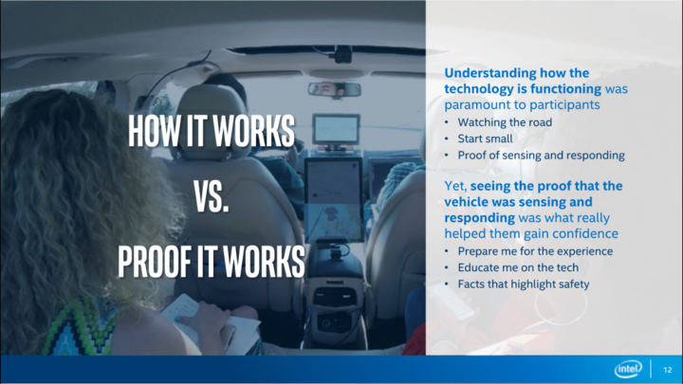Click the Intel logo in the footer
[628, 369]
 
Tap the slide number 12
[668, 370]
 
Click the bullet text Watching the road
[505, 122]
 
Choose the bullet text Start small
[485, 138]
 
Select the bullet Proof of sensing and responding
[541, 155]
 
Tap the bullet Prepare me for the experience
[535, 251]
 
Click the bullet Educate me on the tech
[518, 267]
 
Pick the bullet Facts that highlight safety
[523, 283]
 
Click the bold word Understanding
[490, 73]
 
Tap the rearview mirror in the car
[335, 89]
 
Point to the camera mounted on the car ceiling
[341, 54]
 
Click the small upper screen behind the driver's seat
[336, 129]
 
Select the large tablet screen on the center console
[334, 200]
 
